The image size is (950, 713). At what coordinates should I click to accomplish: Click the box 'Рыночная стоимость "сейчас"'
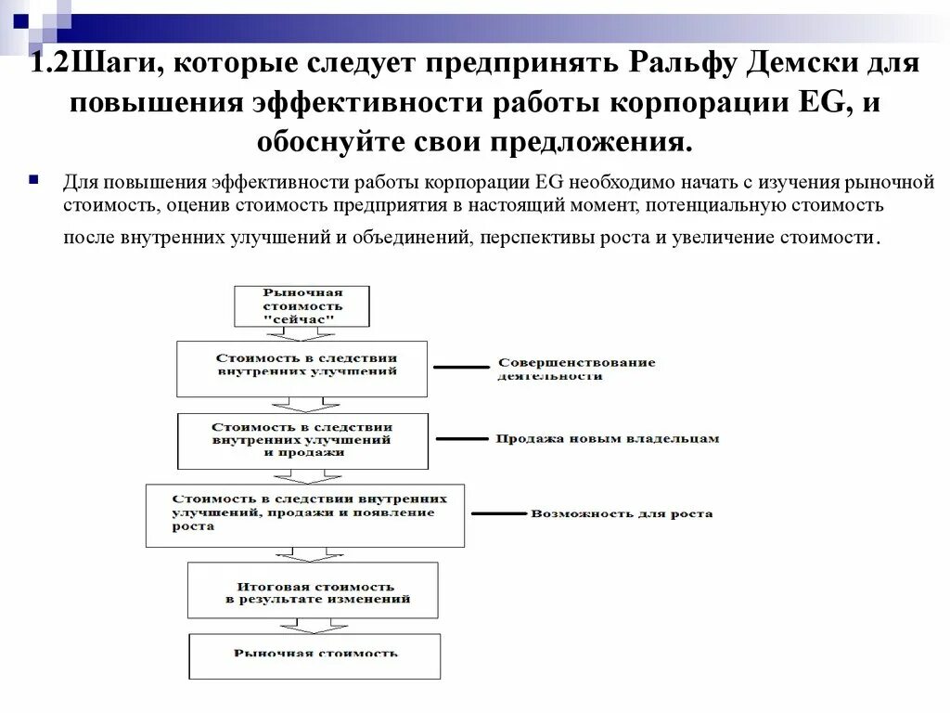[x=302, y=305]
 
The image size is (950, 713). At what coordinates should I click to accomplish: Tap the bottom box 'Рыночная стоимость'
[x=315, y=654]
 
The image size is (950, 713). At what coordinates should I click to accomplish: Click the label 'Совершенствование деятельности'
[x=576, y=369]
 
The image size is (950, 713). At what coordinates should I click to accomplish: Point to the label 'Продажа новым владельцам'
[x=607, y=438]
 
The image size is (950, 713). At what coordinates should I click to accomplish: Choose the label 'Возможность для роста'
[x=622, y=513]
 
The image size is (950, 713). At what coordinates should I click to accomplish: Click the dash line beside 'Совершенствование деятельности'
[x=460, y=368]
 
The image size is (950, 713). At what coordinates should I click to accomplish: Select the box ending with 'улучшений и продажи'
[x=302, y=440]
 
